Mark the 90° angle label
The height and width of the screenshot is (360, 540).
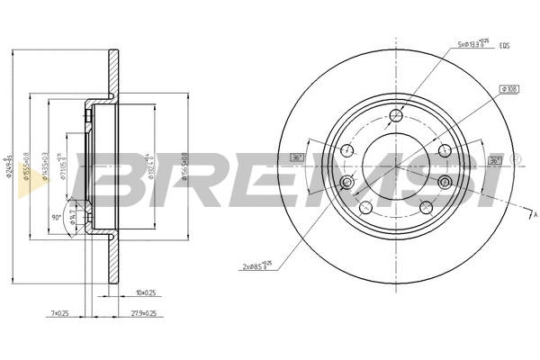pyautogui.click(x=56, y=218)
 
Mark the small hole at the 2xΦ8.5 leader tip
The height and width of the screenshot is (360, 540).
pyautogui.click(x=347, y=184)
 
